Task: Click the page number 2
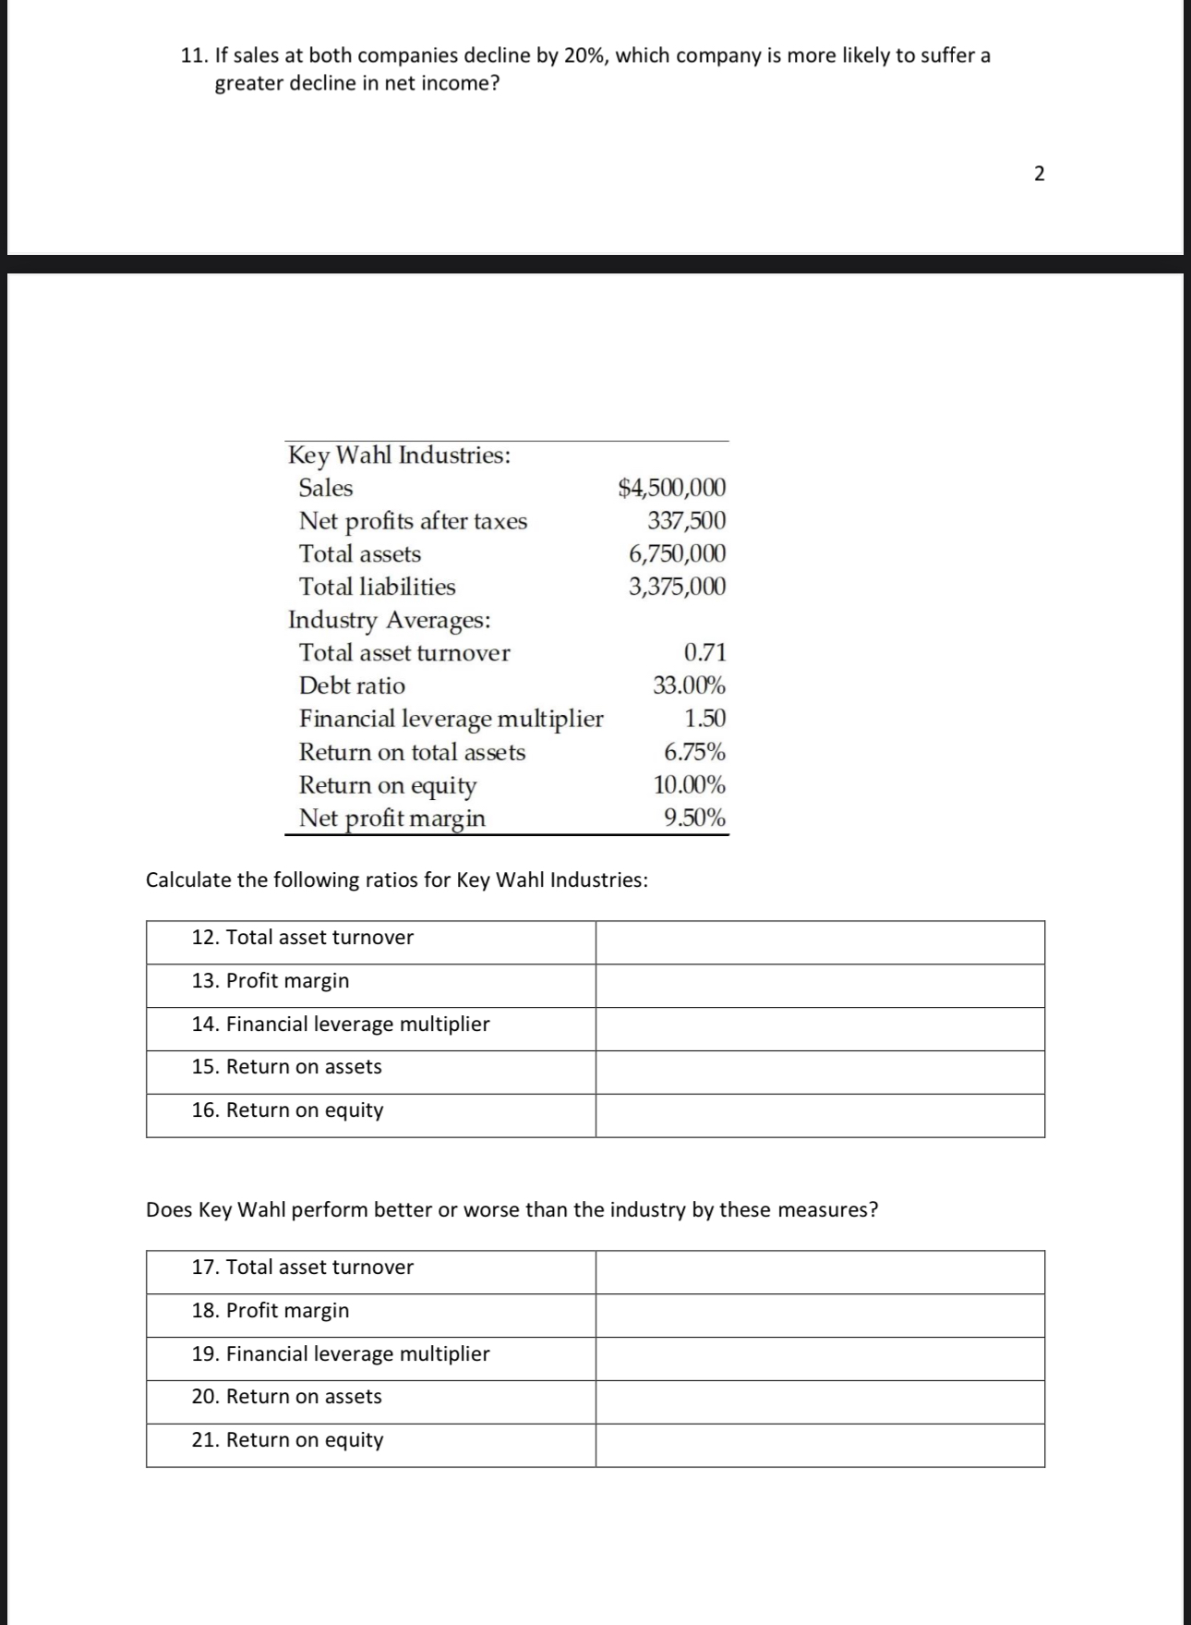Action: coord(1039,174)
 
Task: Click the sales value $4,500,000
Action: coord(671,487)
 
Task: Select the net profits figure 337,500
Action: coord(686,520)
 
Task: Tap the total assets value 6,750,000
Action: coord(677,553)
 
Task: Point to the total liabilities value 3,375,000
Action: coord(677,587)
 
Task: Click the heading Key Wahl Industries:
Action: coord(399,455)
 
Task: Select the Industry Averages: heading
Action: coord(389,619)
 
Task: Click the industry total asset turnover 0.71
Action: coord(704,652)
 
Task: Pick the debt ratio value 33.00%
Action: coord(689,685)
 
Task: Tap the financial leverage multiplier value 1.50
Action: coord(704,718)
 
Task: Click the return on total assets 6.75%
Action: coord(694,751)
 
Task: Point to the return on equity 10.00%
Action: coord(689,784)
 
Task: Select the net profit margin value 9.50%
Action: coord(694,818)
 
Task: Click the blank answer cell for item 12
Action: coord(819,942)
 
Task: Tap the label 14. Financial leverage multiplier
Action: coord(341,1024)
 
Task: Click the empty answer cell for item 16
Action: coord(819,1115)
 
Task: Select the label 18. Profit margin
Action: coord(271,1310)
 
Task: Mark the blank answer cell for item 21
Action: coord(819,1445)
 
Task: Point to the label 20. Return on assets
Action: coord(287,1396)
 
